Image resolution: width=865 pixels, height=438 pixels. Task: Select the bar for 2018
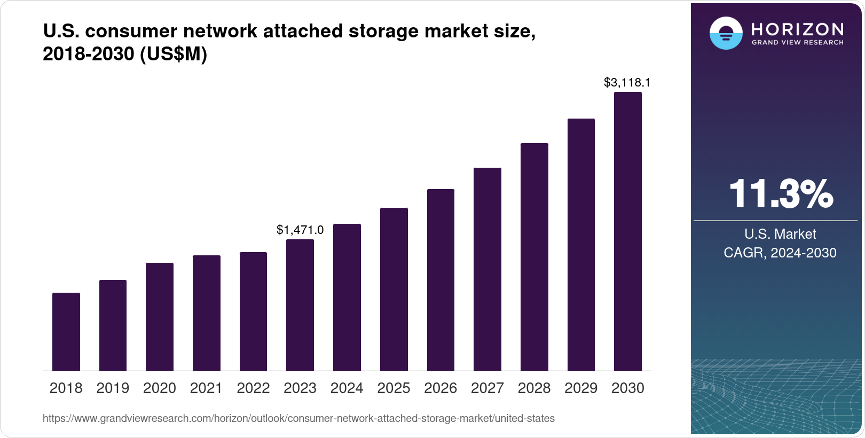pyautogui.click(x=66, y=332)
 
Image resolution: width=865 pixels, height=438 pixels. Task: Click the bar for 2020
pyautogui.click(x=160, y=317)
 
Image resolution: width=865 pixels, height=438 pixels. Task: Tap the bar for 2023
pyautogui.click(x=300, y=305)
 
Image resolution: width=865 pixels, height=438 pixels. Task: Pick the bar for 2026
pyautogui.click(x=441, y=280)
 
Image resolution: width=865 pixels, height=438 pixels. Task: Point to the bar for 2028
pyautogui.click(x=534, y=257)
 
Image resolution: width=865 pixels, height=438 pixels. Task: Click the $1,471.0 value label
pyautogui.click(x=300, y=230)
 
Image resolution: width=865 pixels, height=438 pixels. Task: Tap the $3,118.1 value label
pyautogui.click(x=627, y=82)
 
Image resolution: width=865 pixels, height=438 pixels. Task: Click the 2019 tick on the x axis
pyautogui.click(x=113, y=388)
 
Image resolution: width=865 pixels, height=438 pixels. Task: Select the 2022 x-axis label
pyautogui.click(x=253, y=388)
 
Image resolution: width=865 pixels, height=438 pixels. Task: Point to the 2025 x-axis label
pyautogui.click(x=394, y=388)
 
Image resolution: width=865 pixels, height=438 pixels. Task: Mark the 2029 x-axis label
pyautogui.click(x=581, y=388)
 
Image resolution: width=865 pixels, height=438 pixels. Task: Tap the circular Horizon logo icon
pyautogui.click(x=726, y=33)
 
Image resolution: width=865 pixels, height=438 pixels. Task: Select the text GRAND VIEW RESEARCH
pyautogui.click(x=798, y=42)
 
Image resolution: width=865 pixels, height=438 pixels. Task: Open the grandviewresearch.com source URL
pyautogui.click(x=298, y=418)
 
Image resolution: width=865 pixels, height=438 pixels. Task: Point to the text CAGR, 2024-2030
pyautogui.click(x=780, y=253)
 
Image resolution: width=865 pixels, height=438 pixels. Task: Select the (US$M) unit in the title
pyautogui.click(x=173, y=54)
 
